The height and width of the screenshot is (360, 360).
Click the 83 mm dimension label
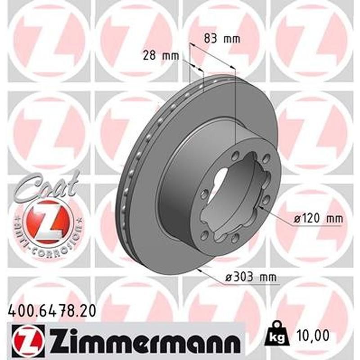(222, 39)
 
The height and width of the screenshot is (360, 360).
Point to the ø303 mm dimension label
(250, 278)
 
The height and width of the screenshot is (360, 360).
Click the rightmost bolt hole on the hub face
(266, 198)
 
